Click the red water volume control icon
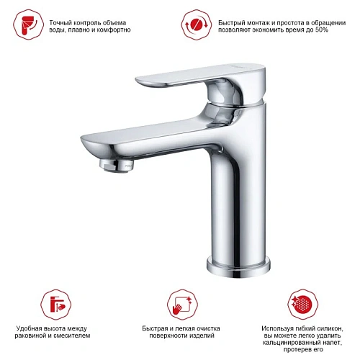(29, 24)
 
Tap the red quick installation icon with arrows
(197, 24)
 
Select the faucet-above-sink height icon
(56, 305)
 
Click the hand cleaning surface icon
(183, 305)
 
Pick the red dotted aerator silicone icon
(303, 305)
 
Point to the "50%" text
(322, 30)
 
